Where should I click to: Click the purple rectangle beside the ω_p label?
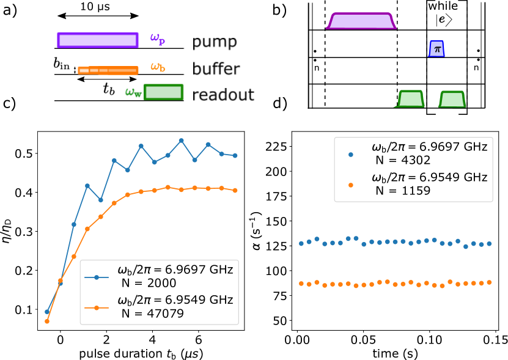[x=98, y=40]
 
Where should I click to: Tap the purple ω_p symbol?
[x=157, y=39]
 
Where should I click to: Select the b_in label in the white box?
[x=61, y=62]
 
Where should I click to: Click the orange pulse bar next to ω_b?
[x=108, y=70]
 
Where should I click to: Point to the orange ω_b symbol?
[x=157, y=67]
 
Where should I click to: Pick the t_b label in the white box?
[x=108, y=89]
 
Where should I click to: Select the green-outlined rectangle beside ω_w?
[x=163, y=92]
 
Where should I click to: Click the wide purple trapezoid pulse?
[x=361, y=21]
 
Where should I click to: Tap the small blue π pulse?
[x=436, y=48]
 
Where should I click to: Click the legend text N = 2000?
[x=149, y=283]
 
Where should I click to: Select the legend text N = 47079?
[x=152, y=314]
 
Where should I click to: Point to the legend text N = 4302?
[x=403, y=161]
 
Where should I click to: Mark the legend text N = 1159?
[x=403, y=191]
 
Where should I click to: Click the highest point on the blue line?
[x=182, y=141]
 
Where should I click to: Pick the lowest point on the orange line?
[x=47, y=321]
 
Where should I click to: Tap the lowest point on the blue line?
[x=47, y=312]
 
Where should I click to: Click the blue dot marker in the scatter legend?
[x=351, y=154]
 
